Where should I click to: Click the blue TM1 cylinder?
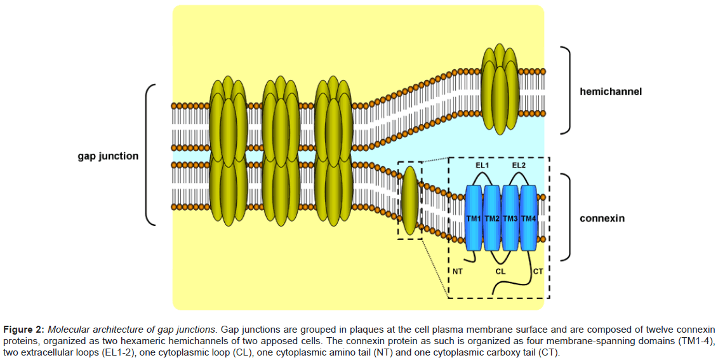point(474,217)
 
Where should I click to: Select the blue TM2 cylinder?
point(492,217)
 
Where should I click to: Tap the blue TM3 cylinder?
point(510,217)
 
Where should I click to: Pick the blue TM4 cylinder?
point(528,217)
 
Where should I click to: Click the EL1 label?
point(482,165)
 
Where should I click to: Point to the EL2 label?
point(519,165)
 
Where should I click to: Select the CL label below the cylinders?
point(500,271)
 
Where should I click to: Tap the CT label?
point(538,271)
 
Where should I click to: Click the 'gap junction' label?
point(108,156)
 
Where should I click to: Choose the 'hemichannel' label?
point(610,91)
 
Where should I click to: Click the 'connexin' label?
point(602,218)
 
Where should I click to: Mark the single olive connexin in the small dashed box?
point(411,200)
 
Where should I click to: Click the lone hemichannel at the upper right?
point(500,89)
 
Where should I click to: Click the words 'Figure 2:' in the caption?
point(23,330)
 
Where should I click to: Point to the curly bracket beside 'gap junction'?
point(150,155)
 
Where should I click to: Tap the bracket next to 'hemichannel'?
point(568,90)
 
